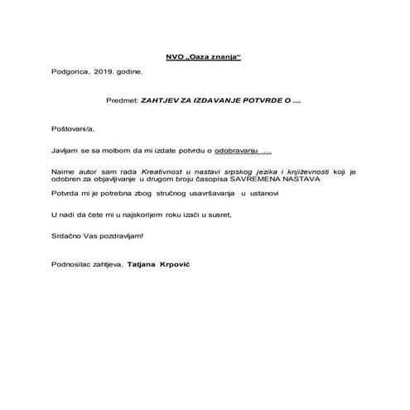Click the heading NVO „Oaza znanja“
click(205, 55)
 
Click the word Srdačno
click(66, 235)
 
